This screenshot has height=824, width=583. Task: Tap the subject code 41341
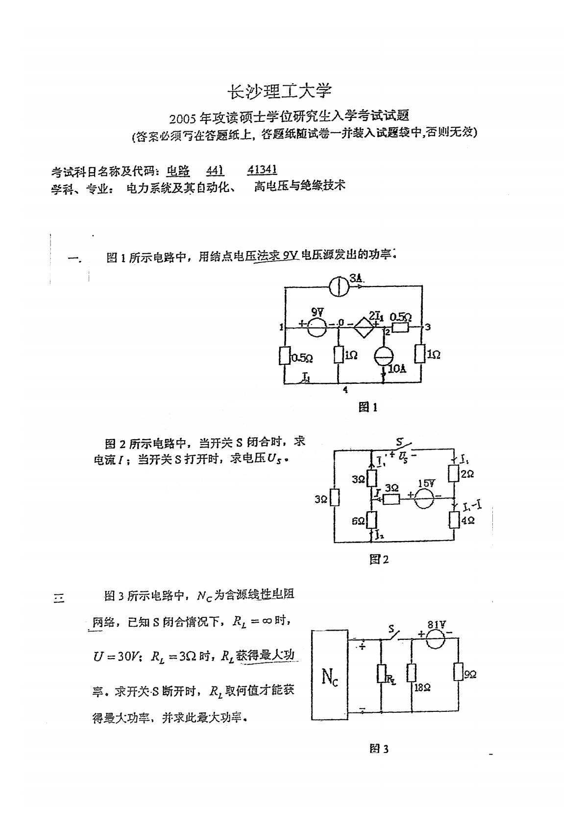tap(263, 169)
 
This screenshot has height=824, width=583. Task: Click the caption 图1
tap(368, 407)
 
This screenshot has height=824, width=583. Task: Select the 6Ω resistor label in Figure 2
tap(358, 522)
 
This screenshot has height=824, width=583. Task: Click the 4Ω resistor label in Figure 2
tap(468, 521)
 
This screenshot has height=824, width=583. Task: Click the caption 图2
tap(379, 559)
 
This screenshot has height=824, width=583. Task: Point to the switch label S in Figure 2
tap(399, 443)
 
